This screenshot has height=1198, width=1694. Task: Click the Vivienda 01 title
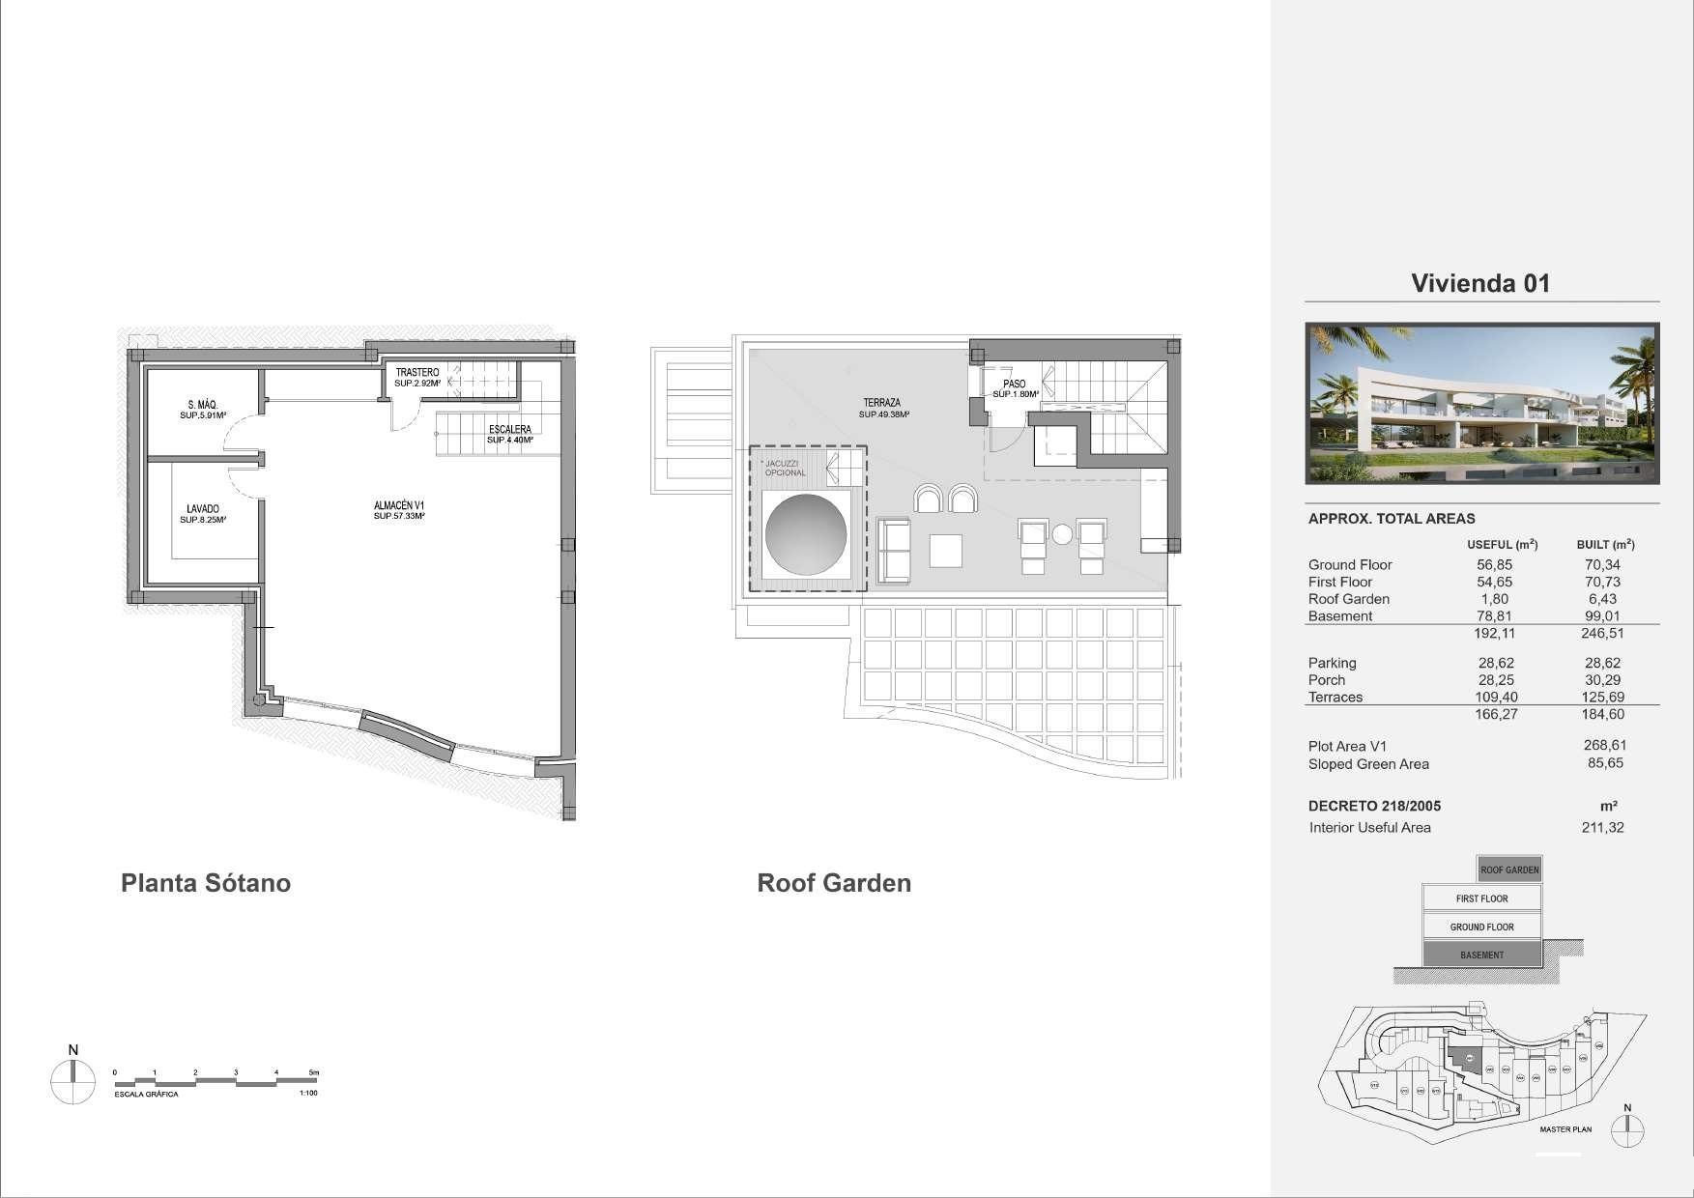pyautogui.click(x=1480, y=283)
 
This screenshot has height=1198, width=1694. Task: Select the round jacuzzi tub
pyautogui.click(x=806, y=534)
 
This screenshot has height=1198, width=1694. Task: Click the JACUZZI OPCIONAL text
pyautogui.click(x=785, y=469)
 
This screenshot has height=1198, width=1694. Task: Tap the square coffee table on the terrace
pyautogui.click(x=945, y=551)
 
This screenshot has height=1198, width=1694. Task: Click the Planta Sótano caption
pyautogui.click(x=205, y=883)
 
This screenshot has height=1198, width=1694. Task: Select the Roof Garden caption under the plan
pyautogui.click(x=833, y=883)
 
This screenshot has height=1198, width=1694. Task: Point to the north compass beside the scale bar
pyautogui.click(x=72, y=1081)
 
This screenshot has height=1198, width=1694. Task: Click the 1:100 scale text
pyautogui.click(x=308, y=1093)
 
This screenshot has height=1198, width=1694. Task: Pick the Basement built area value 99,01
pyautogui.click(x=1601, y=615)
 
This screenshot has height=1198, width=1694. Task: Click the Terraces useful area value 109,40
pyautogui.click(x=1495, y=697)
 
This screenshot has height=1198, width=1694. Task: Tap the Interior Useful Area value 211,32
pyautogui.click(x=1602, y=827)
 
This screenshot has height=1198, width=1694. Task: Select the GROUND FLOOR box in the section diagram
pyautogui.click(x=1481, y=927)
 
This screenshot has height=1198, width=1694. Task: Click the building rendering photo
pyautogui.click(x=1481, y=403)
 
